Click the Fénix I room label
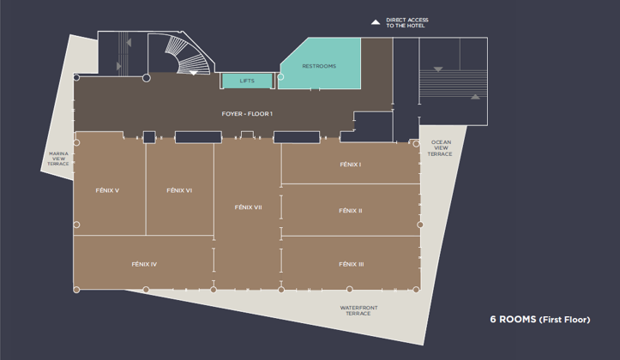coord(351,165)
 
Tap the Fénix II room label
coord(351,211)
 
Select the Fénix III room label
coord(351,264)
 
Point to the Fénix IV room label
coord(144,264)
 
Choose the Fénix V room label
coord(107,190)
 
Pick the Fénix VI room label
coord(179,190)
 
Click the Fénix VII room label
coord(249,207)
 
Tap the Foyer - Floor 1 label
coord(247,114)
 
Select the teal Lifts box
coord(247,81)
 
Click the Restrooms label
coord(319,66)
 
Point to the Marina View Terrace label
coord(58,159)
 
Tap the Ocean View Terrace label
coord(441,147)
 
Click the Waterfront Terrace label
coord(358,310)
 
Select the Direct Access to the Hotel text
coord(406,22)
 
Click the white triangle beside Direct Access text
coord(376,22)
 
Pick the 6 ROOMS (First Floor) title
coord(540,320)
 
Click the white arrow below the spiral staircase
coord(193,73)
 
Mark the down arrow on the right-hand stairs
coord(438,69)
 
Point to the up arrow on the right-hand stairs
coord(475,96)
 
